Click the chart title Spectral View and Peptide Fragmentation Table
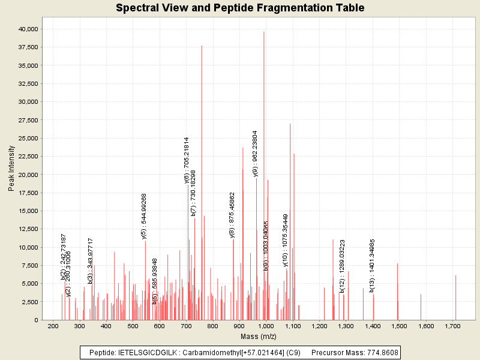(239, 8)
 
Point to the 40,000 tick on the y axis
(28, 29)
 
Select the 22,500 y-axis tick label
(28, 156)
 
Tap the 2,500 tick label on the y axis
(30, 302)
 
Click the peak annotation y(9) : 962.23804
(256, 154)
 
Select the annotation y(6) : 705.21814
(187, 160)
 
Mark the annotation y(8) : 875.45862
(232, 215)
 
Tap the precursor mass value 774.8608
(380, 352)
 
